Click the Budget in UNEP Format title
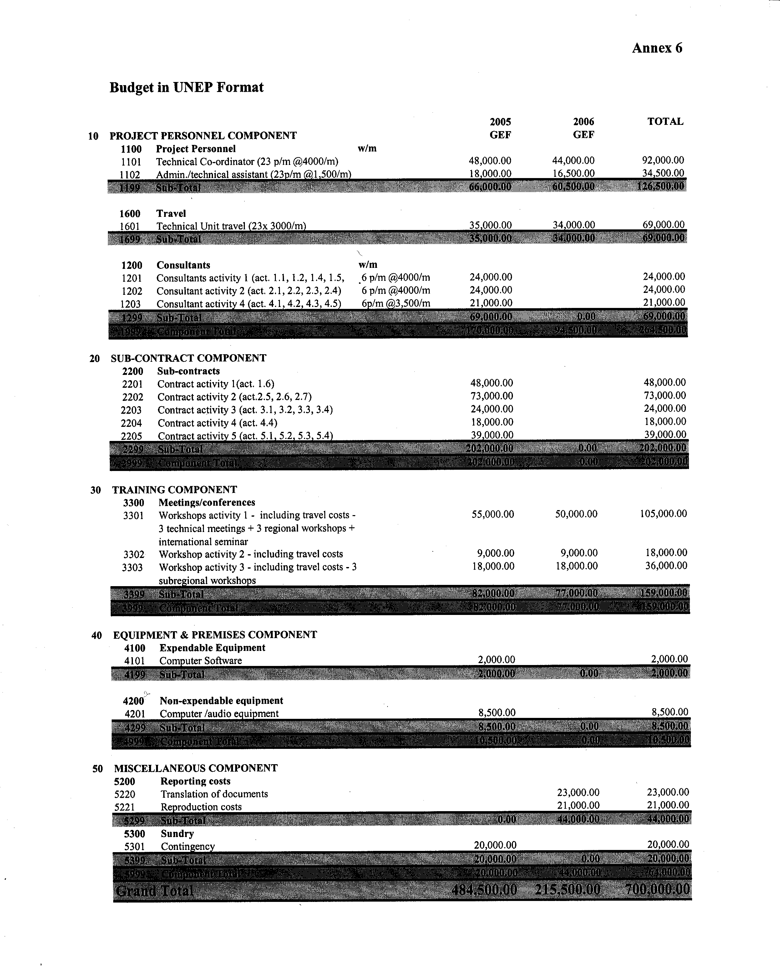pyautogui.click(x=186, y=87)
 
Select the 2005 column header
pyautogui.click(x=500, y=122)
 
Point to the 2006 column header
pyautogui.click(x=583, y=122)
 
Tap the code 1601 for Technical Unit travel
pyautogui.click(x=130, y=227)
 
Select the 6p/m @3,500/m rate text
pyautogui.click(x=395, y=304)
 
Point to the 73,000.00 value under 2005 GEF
pyautogui.click(x=492, y=396)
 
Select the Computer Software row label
pyautogui.click(x=200, y=661)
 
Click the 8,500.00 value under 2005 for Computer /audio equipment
pyautogui.click(x=496, y=713)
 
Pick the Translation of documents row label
pyautogui.click(x=214, y=794)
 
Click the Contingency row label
pyautogui.click(x=188, y=847)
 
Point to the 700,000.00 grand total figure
pyautogui.click(x=657, y=889)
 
